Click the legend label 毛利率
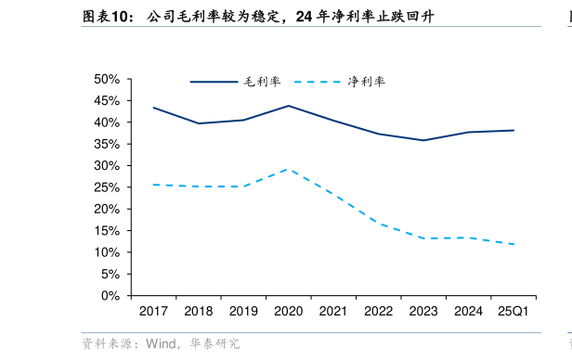click(262, 82)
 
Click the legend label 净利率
click(367, 82)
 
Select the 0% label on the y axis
click(111, 296)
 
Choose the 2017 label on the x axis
click(153, 312)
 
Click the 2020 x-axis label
click(288, 312)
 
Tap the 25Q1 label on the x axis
click(513, 312)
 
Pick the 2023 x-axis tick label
click(423, 312)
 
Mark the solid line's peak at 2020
click(288, 106)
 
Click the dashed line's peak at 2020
click(288, 169)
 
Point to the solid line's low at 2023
click(423, 140)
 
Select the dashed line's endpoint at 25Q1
click(513, 244)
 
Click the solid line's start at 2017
click(153, 108)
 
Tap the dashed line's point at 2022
click(378, 223)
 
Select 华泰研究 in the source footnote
click(215, 344)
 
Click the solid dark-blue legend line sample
click(214, 82)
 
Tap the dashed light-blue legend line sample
click(318, 82)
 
